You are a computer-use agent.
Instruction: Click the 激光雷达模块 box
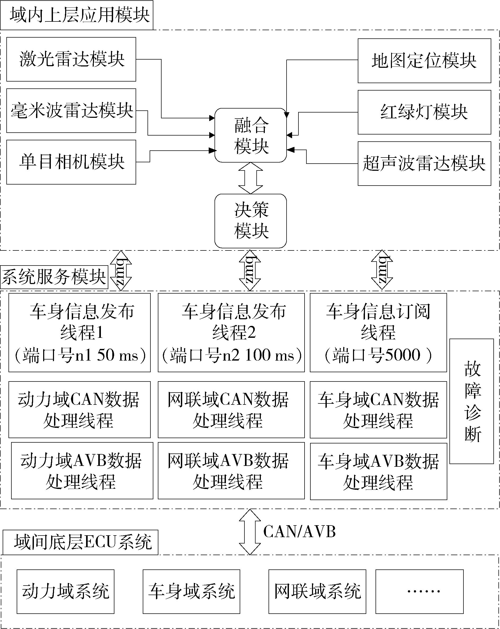[x=71, y=59]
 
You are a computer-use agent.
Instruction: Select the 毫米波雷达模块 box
[x=71, y=111]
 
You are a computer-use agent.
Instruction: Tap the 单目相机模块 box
[x=71, y=162]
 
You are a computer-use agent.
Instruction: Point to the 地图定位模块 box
[x=424, y=61]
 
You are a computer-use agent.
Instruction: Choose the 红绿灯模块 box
[x=424, y=112]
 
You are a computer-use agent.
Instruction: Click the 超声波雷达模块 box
[x=424, y=163]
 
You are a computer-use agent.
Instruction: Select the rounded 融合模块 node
[x=251, y=135]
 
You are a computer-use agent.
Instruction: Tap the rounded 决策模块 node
[x=251, y=221]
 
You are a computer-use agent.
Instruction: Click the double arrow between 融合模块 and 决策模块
[x=251, y=178]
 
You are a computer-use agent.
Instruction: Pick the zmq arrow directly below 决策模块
[x=250, y=270]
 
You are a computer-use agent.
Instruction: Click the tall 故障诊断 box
[x=471, y=401]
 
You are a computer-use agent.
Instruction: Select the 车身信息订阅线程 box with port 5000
[x=378, y=333]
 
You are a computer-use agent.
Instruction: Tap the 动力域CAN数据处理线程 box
[x=79, y=410]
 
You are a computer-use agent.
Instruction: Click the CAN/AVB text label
[x=299, y=532]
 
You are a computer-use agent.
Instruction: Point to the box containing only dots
[x=419, y=592]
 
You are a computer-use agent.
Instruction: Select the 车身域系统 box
[x=191, y=592]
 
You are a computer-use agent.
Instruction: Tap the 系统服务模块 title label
[x=54, y=277]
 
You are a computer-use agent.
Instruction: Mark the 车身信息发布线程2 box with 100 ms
[x=231, y=333]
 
